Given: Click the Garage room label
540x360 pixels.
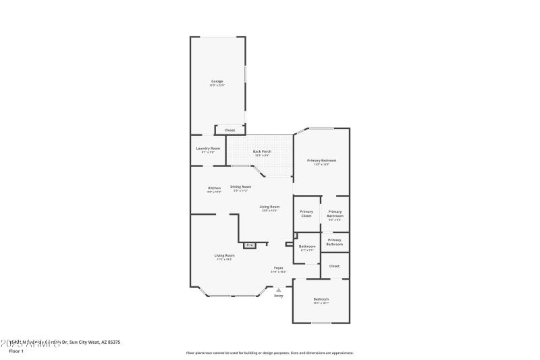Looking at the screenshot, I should pyautogui.click(x=217, y=82).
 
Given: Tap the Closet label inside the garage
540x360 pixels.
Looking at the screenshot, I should pyautogui.click(x=230, y=130).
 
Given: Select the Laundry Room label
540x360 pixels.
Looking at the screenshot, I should pyautogui.click(x=208, y=149).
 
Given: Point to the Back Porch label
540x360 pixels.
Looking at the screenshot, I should pyautogui.click(x=262, y=151).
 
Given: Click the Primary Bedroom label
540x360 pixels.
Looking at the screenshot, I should pyautogui.click(x=321, y=161).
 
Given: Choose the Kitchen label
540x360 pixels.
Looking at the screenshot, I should pyautogui.click(x=214, y=188).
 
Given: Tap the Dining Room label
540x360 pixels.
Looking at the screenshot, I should pyautogui.click(x=241, y=187).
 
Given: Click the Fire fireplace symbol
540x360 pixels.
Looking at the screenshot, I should pyautogui.click(x=249, y=245).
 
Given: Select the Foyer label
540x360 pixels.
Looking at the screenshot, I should pyautogui.click(x=278, y=268).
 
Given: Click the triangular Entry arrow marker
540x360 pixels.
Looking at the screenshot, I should pyautogui.click(x=278, y=290).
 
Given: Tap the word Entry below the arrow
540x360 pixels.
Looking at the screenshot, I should pyautogui.click(x=278, y=296).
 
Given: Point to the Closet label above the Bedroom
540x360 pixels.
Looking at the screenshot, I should pyautogui.click(x=334, y=266).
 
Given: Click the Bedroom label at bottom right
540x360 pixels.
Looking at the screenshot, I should pyautogui.click(x=321, y=299).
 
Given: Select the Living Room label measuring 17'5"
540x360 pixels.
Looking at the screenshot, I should pyautogui.click(x=224, y=255).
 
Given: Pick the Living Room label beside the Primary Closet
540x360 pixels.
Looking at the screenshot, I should pyautogui.click(x=269, y=207).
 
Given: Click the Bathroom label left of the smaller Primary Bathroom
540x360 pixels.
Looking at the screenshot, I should pyautogui.click(x=307, y=247).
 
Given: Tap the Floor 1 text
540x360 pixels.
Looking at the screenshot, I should pyautogui.click(x=16, y=351).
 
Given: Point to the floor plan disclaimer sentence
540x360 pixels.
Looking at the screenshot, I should pyautogui.click(x=269, y=353).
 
